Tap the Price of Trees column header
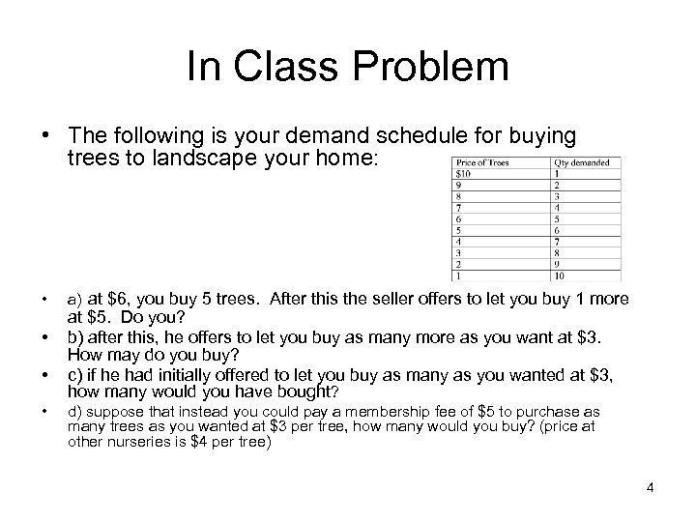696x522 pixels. (481, 162)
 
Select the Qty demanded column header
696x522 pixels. (583, 162)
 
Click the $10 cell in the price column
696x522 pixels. (461, 174)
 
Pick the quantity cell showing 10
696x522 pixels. (561, 275)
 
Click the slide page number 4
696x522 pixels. (651, 486)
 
